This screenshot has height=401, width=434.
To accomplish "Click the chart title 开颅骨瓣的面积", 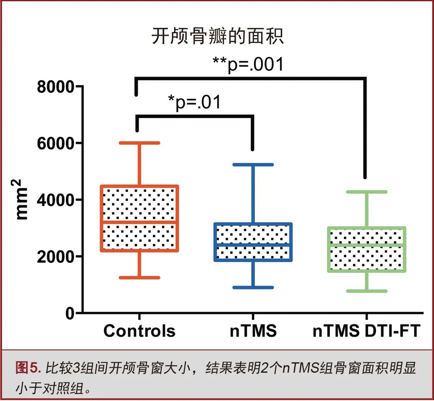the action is coord(217,36).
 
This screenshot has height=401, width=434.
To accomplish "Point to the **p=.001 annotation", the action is coord(248,64).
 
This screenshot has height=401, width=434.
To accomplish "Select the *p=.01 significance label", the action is coord(195,102).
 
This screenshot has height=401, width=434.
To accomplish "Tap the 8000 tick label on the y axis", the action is coord(55,87).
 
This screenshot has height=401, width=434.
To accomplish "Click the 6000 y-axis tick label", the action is coord(55,144).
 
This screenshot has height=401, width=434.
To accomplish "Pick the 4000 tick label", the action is coord(55,200).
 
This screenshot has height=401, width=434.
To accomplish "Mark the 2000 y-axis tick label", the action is coord(55,257).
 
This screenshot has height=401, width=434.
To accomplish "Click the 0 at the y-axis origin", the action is coord(70,313).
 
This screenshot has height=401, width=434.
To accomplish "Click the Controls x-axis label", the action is coord(140,331).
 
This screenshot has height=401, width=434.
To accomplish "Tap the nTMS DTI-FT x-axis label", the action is coord(367,331).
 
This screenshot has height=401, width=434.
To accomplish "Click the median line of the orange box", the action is coord(140,222).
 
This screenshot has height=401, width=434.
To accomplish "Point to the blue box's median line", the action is coord(253,245).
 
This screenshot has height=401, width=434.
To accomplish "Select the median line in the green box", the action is coord(367,245).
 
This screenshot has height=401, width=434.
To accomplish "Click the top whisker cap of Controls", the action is coord(140,143).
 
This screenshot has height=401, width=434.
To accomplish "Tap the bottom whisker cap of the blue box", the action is coord(253,287).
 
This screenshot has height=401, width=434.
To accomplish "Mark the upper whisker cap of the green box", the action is coord(367,192).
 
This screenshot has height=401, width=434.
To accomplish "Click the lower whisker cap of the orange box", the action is coord(140,277).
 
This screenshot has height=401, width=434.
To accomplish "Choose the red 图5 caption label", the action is coord(28,368).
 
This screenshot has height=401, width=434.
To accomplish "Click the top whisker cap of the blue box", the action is coord(253,165).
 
